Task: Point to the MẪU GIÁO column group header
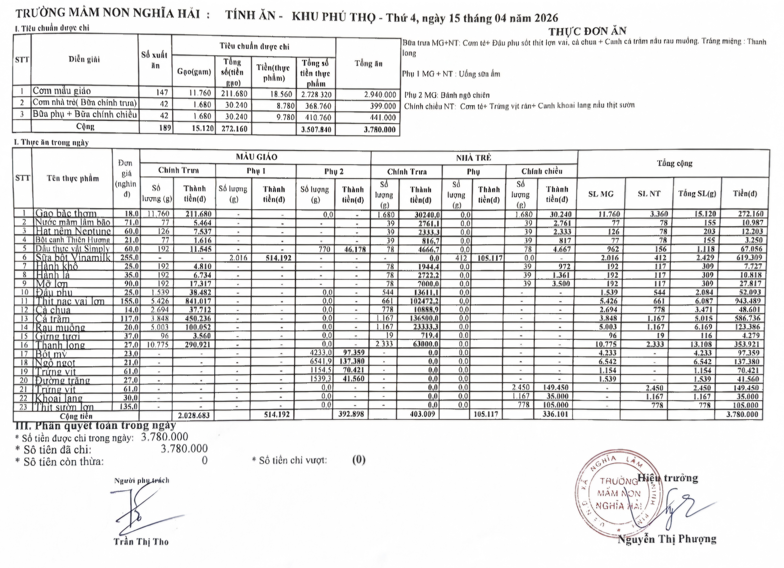(x=256, y=157)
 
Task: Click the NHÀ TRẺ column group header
(x=474, y=158)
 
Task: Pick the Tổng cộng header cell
(x=674, y=163)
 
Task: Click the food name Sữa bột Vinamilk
(x=73, y=258)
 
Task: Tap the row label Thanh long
(x=61, y=345)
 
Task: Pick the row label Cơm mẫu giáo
(x=62, y=91)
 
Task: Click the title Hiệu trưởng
(x=668, y=478)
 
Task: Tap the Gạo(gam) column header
(x=194, y=72)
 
